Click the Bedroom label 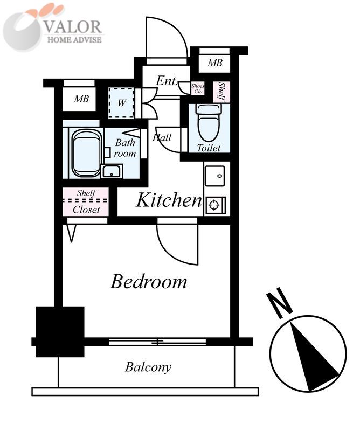(x=149, y=281)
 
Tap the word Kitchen (x=169, y=200)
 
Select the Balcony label (x=148, y=367)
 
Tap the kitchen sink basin (x=214, y=176)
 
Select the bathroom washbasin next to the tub (x=112, y=171)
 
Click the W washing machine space (x=121, y=103)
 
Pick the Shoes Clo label (x=198, y=88)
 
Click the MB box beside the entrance (x=214, y=63)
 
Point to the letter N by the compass (x=279, y=303)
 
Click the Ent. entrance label (x=167, y=81)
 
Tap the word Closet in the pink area (x=86, y=210)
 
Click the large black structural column (x=60, y=331)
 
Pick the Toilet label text (x=209, y=148)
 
